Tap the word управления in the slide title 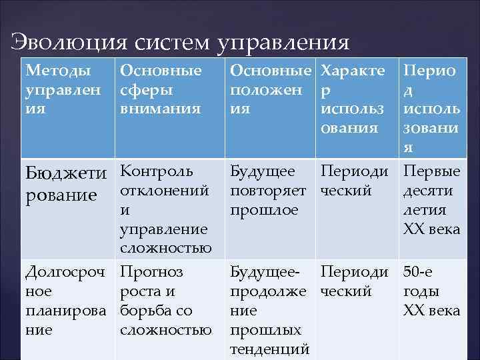[x=283, y=44]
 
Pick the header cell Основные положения [x=269, y=89]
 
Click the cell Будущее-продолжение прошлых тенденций [x=269, y=310]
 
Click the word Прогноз [x=151, y=272]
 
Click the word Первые [x=431, y=172]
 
